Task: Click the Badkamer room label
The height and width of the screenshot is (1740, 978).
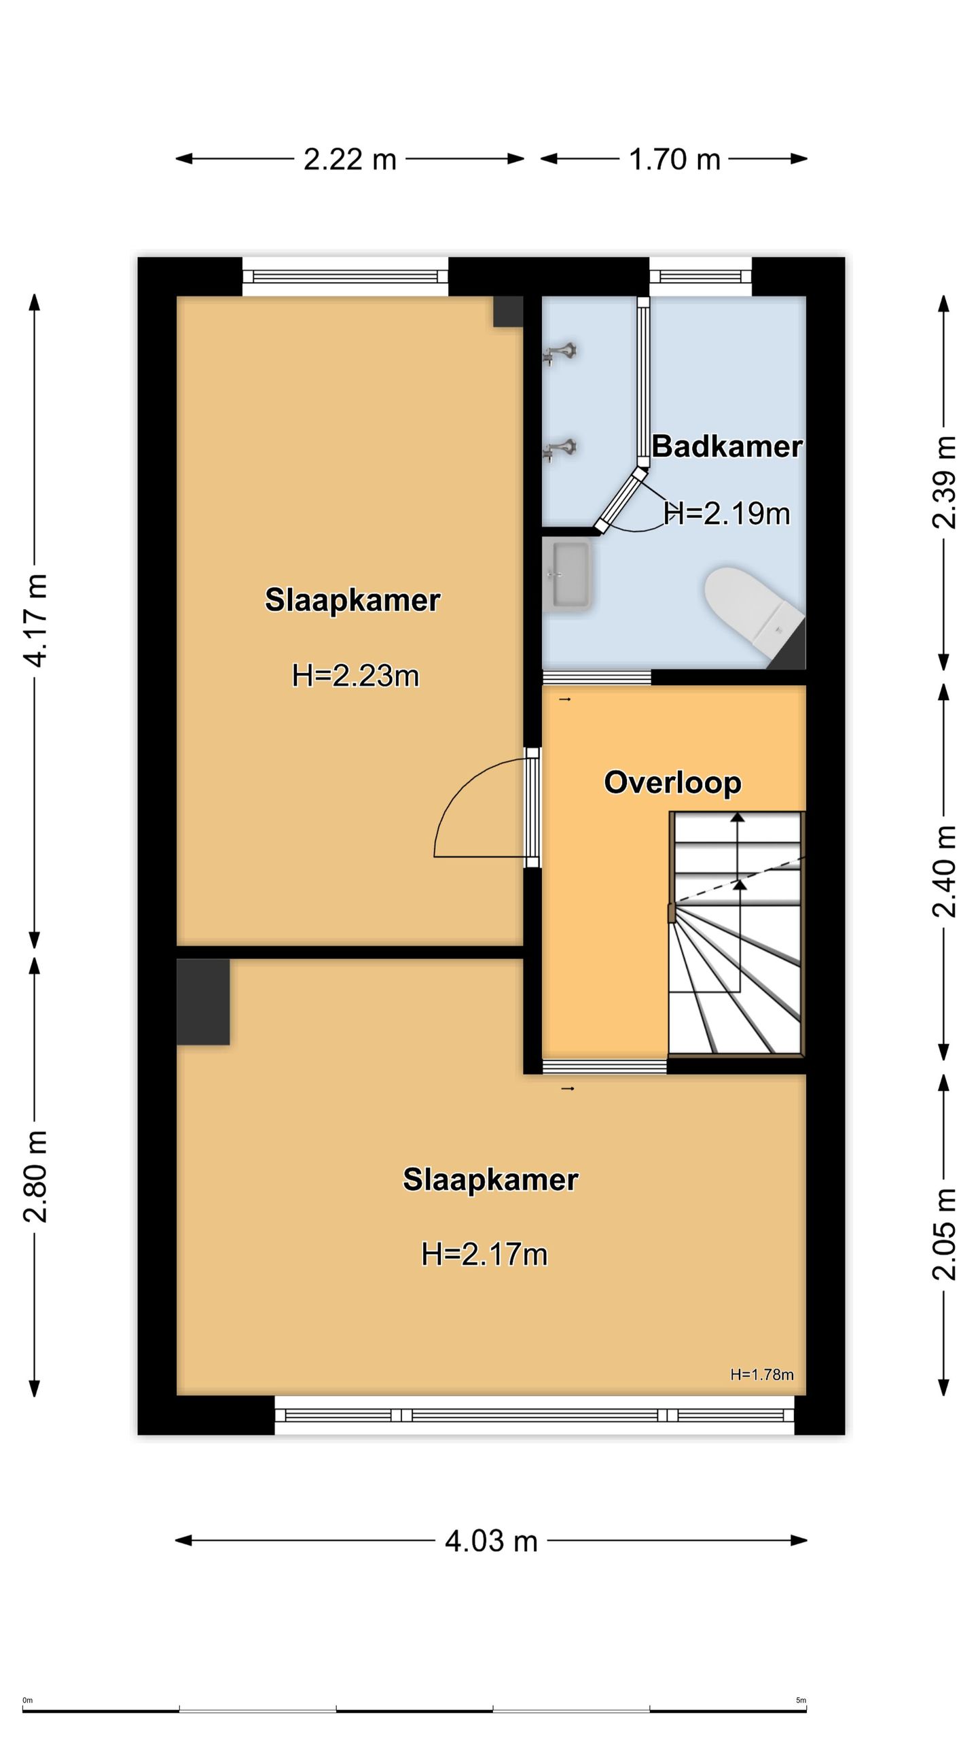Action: click(x=727, y=447)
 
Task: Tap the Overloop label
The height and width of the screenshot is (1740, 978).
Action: click(x=672, y=782)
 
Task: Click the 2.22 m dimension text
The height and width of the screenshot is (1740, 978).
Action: click(x=350, y=159)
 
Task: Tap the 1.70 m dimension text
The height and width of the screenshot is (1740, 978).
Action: click(x=674, y=159)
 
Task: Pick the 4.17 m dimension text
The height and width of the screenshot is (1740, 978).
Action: click(x=35, y=620)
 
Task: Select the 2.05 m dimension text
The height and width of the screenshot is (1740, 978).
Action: click(x=944, y=1234)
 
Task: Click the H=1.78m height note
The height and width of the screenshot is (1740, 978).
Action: click(x=762, y=1374)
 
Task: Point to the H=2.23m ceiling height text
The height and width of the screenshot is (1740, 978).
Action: click(x=355, y=676)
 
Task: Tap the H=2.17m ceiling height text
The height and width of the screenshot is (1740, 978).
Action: click(x=484, y=1254)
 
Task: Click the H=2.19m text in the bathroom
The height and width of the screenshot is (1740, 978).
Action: click(x=727, y=513)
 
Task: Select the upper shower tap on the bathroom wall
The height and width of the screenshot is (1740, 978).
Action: click(x=560, y=353)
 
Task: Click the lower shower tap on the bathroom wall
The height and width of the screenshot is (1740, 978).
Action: click(x=560, y=449)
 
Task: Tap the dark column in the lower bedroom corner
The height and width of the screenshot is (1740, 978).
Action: click(x=203, y=1001)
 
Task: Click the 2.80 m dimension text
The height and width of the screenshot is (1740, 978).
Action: click(x=35, y=1177)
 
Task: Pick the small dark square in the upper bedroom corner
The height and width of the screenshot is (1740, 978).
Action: click(x=508, y=311)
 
